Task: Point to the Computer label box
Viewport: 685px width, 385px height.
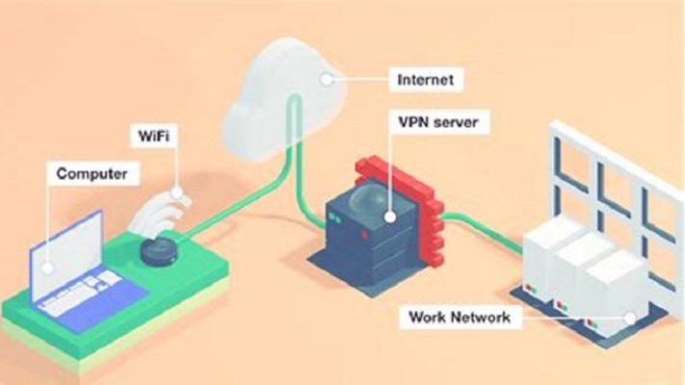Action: click(92, 174)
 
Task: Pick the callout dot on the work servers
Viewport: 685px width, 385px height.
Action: click(628, 318)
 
